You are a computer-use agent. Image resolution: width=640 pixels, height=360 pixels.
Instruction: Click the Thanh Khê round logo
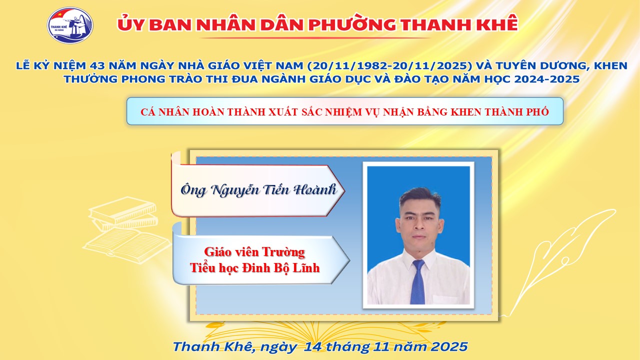pyautogui.click(x=70, y=25)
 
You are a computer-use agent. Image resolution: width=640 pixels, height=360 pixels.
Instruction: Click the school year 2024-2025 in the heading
pyautogui.click(x=547, y=79)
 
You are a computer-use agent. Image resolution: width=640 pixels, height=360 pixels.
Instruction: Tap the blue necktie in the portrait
pyautogui.click(x=417, y=281)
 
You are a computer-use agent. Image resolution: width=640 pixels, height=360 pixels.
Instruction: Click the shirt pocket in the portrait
pyautogui.click(x=447, y=299)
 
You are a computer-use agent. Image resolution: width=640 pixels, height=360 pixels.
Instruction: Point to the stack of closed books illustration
pyautogui.click(x=123, y=213)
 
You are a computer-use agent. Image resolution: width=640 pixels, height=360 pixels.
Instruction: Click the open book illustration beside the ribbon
pyautogui.click(x=127, y=245)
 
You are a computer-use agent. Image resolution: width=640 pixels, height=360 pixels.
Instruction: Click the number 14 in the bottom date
pyautogui.click(x=313, y=346)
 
